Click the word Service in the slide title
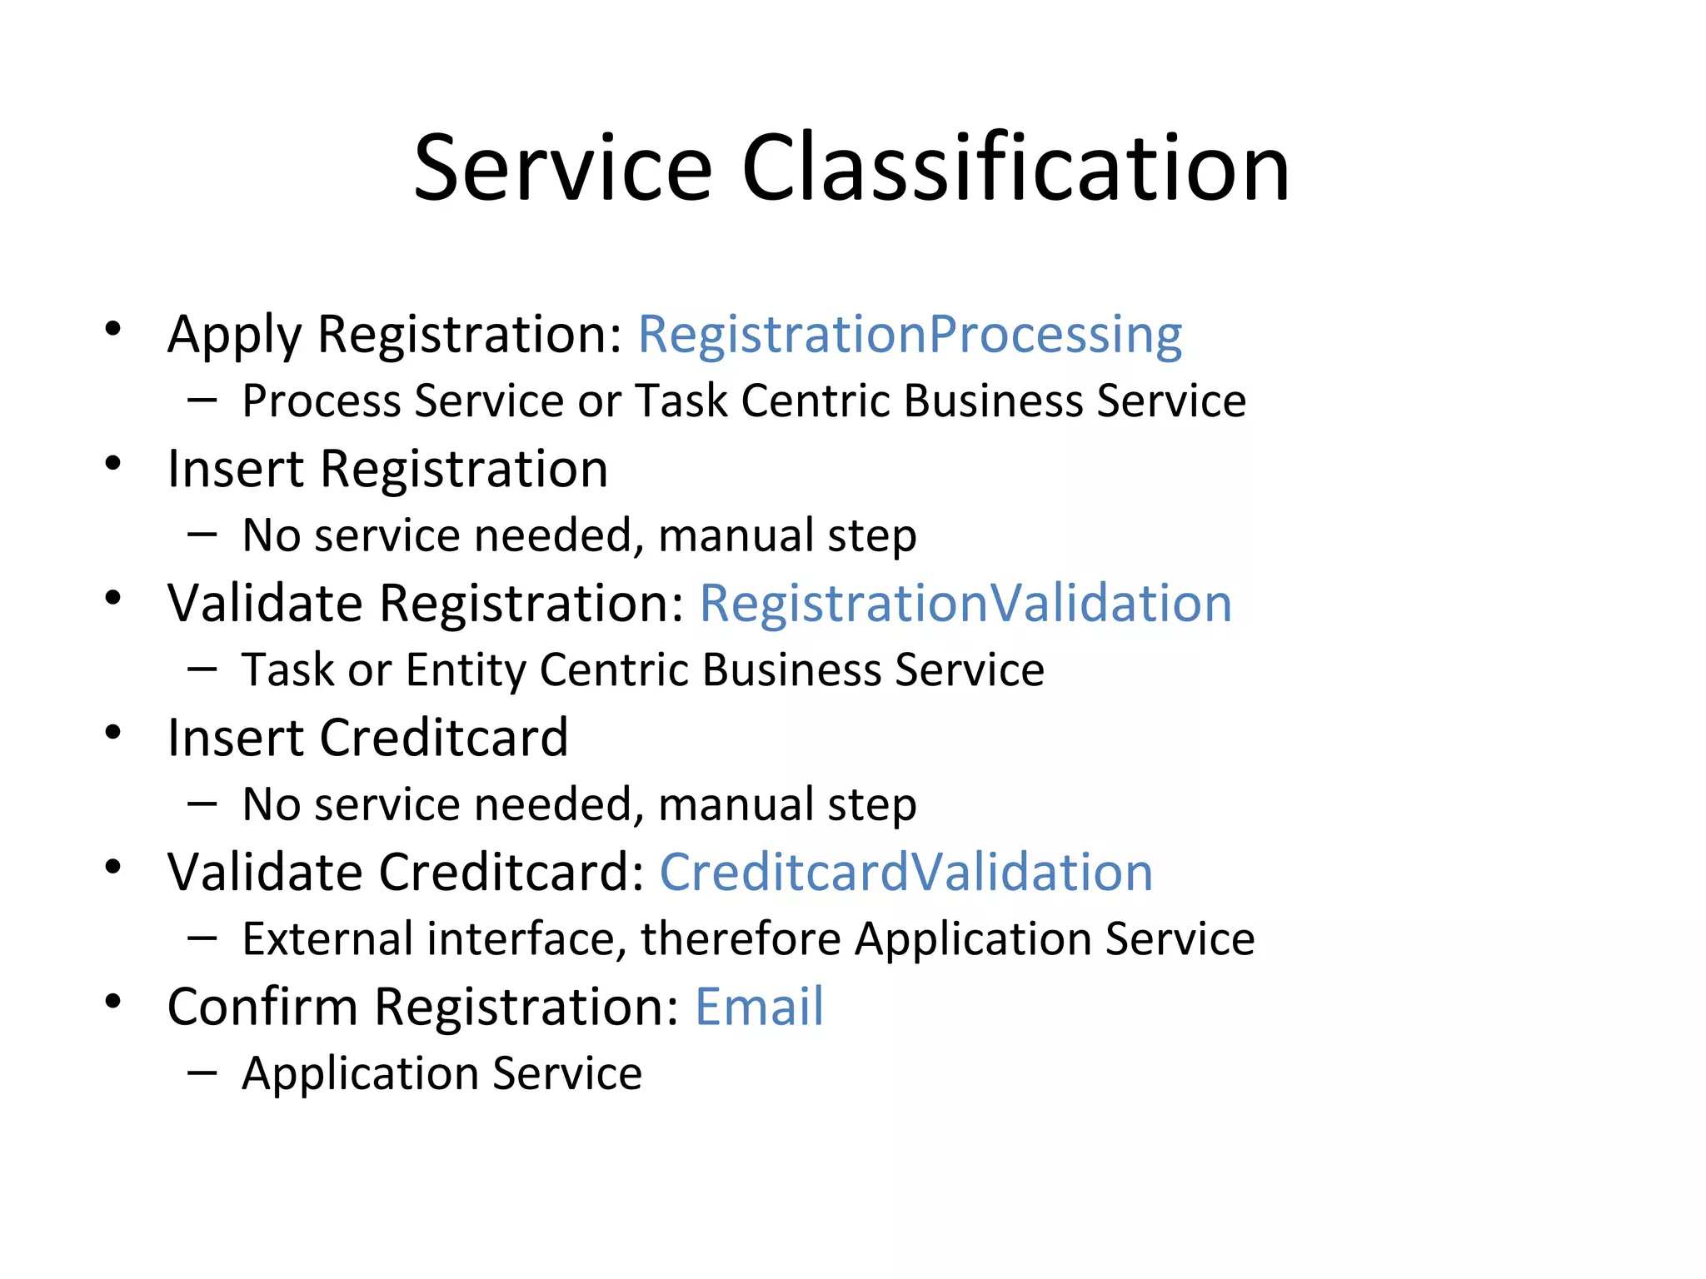[563, 168]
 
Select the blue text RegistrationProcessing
[910, 335]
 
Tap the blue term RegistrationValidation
[965, 603]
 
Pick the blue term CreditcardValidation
[906, 872]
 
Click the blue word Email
[759, 1006]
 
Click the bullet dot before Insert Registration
[113, 463]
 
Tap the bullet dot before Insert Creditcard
[113, 732]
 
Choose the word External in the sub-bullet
[327, 938]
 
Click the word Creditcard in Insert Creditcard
[444, 738]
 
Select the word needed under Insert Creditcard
[559, 804]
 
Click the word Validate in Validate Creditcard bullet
[265, 872]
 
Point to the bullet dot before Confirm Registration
[113, 1001]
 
